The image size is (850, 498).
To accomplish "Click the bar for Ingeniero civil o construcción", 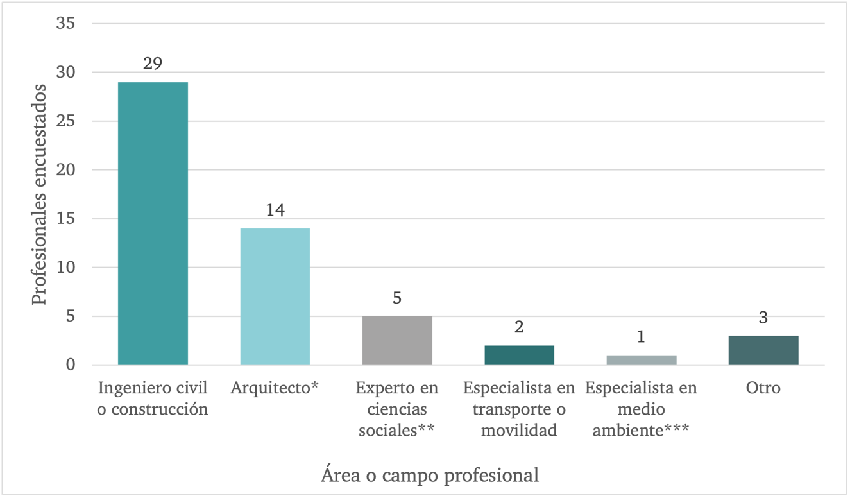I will click(x=153, y=223).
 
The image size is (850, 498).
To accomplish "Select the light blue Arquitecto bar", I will click(x=275, y=296).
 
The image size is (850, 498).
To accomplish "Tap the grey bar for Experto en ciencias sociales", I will click(x=397, y=340).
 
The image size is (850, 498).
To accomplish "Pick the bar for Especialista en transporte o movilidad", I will click(x=519, y=355).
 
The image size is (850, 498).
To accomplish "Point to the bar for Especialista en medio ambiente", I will click(x=641, y=360).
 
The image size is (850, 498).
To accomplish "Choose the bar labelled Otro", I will click(x=763, y=350).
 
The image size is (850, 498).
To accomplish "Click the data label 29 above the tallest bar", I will click(x=153, y=64).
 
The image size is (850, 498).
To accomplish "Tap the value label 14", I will click(x=275, y=210).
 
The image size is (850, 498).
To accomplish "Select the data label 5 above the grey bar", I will click(x=397, y=298).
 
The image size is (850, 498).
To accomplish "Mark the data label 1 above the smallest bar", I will click(x=641, y=337).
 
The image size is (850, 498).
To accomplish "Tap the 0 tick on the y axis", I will click(x=70, y=365).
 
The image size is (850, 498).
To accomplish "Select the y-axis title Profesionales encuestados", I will click(x=40, y=194).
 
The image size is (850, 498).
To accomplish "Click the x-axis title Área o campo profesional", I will click(x=429, y=476).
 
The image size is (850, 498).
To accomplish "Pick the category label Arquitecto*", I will click(x=275, y=388).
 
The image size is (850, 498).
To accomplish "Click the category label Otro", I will click(x=763, y=388).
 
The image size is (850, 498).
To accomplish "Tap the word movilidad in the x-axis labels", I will click(x=519, y=430).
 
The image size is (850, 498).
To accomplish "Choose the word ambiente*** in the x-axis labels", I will click(x=641, y=430).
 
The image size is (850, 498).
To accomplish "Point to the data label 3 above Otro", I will click(x=763, y=318).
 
